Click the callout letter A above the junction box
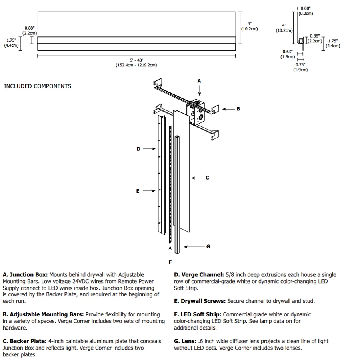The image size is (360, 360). pos(199,81)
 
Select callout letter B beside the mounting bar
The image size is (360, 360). pos(238,109)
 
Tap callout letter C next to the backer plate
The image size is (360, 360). pos(207,178)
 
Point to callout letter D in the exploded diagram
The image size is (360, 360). pos(138,149)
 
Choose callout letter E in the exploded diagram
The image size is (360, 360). pos(138,191)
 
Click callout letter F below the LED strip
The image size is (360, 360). pos(170,262)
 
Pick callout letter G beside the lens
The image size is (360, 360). pos(208,247)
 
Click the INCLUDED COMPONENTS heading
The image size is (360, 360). pos(38,86)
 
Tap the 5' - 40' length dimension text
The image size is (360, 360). pos(136,60)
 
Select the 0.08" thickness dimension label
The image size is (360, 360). pos(305,8)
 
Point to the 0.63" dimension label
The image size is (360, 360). pos(287,52)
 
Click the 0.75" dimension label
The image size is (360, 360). pos(300,65)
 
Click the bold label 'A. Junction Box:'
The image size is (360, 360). pos(25,275)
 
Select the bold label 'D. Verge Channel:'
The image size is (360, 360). pos(199,275)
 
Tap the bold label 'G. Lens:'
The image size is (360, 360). pos(185,341)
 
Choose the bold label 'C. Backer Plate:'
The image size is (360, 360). pos(25,341)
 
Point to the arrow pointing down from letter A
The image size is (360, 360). pos(199,91)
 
